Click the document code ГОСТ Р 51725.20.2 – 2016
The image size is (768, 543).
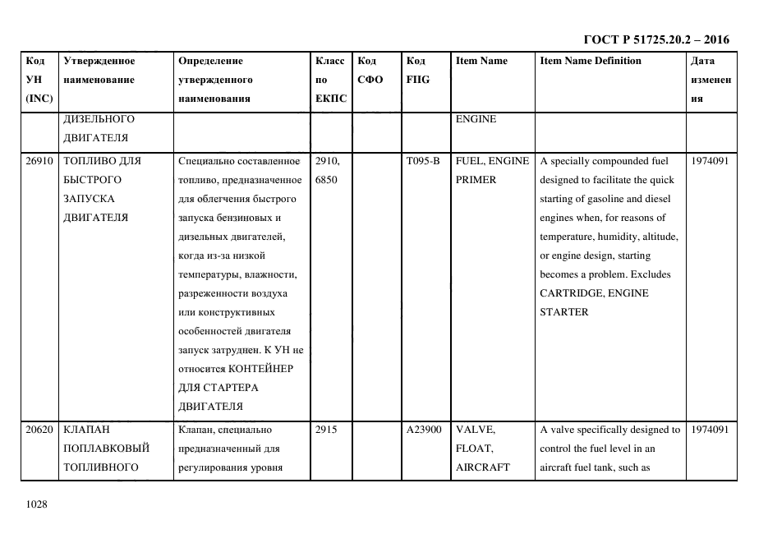coord(655,39)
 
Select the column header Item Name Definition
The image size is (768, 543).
coord(591,61)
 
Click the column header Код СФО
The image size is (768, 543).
coord(370,71)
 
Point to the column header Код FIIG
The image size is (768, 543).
coord(417,71)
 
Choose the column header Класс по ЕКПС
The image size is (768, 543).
coord(330,80)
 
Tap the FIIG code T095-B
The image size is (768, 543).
coord(423,161)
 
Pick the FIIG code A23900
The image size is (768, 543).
coord(424,430)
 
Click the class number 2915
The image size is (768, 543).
coord(326,430)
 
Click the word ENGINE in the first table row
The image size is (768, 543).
coord(476,119)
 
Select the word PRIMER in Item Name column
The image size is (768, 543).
coord(476,180)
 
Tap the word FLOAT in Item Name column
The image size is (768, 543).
coord(473,449)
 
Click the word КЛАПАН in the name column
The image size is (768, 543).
coord(86,430)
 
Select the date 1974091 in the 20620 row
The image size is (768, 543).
coord(710,430)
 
